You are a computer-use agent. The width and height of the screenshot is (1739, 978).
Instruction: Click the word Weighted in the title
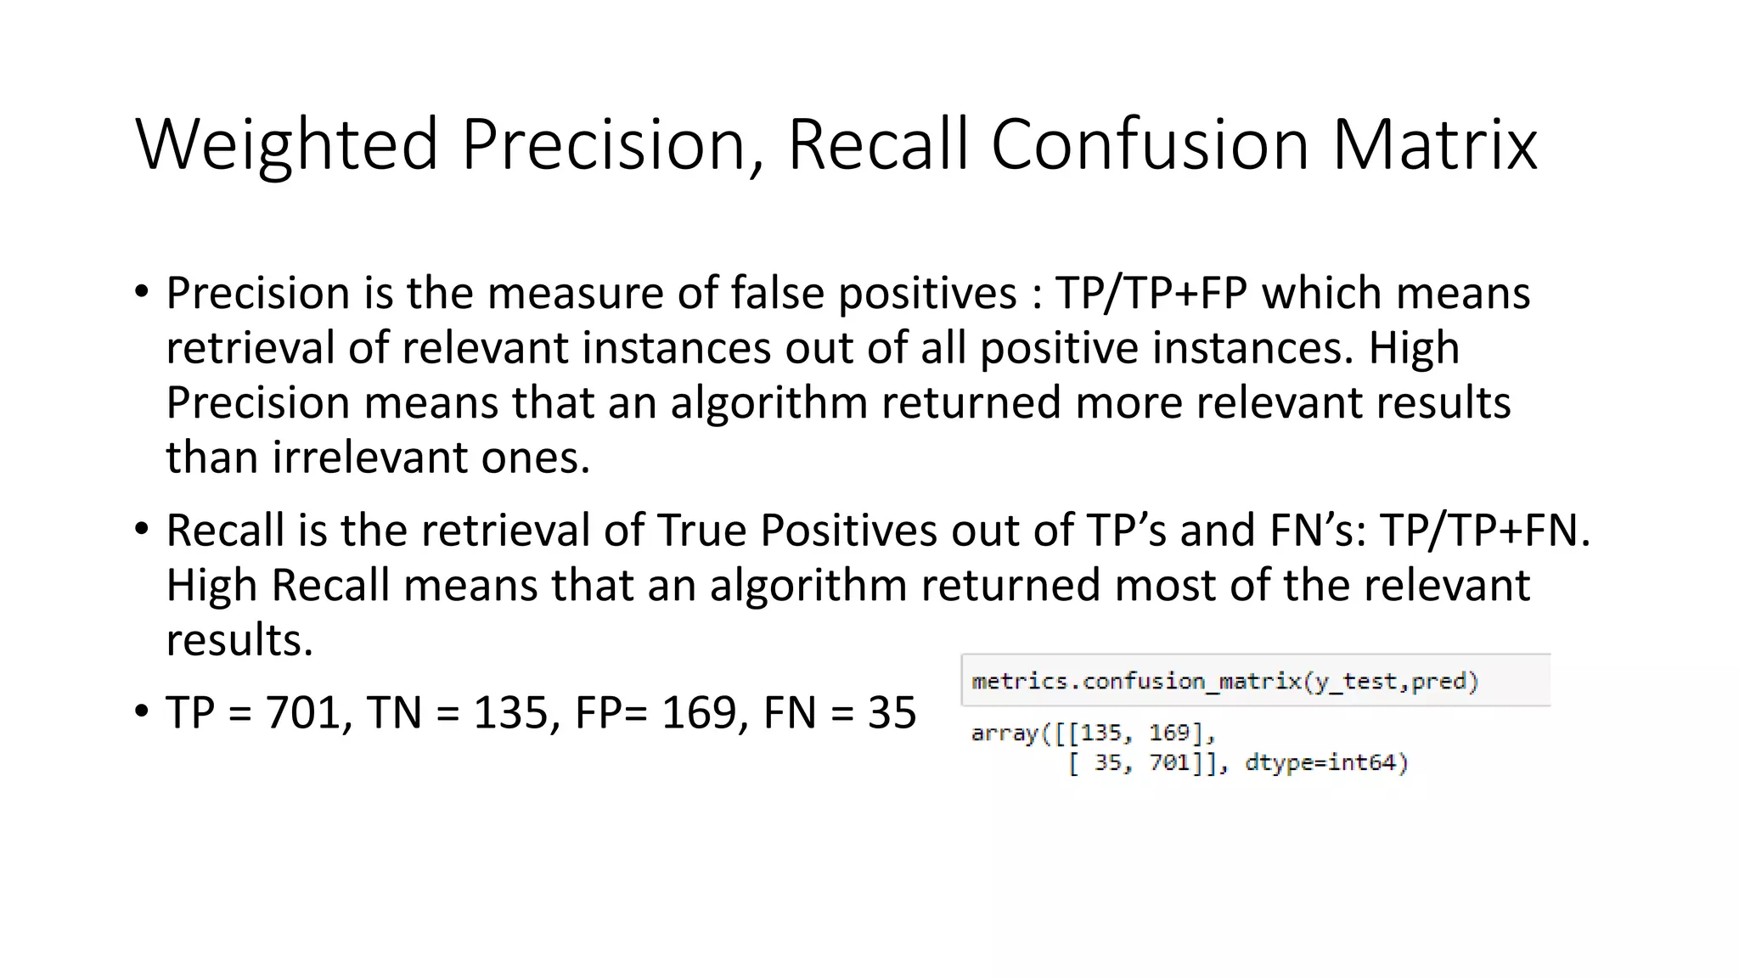(287, 145)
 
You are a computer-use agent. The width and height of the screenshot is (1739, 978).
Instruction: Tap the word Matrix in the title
(1434, 145)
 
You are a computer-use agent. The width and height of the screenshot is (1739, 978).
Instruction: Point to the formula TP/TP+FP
(1151, 294)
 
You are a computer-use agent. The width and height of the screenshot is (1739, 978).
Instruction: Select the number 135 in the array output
(1100, 733)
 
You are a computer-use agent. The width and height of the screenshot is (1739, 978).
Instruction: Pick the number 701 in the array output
(1170, 762)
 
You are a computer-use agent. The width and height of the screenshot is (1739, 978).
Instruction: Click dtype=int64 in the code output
(1325, 762)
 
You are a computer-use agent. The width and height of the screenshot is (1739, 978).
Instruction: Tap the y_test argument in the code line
(1354, 682)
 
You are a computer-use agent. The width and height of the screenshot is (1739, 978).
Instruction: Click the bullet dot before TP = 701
(142, 711)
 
